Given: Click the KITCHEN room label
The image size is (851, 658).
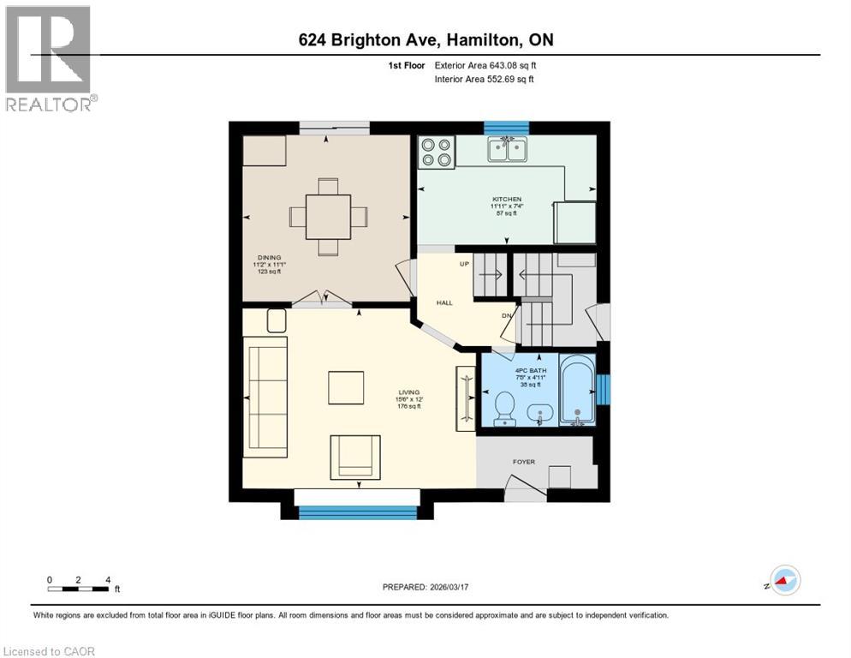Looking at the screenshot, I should [x=505, y=200].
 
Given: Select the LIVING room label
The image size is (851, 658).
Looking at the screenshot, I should [x=408, y=392].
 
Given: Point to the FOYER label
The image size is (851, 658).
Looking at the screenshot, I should [x=523, y=462].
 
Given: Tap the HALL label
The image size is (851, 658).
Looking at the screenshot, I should [x=443, y=302].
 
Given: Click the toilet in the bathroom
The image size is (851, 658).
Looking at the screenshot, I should [x=504, y=408].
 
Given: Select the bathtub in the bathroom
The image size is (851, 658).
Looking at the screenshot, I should [x=576, y=390].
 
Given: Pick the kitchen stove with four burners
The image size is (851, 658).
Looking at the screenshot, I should [x=436, y=152].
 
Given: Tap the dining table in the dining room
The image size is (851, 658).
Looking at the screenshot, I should [x=328, y=217].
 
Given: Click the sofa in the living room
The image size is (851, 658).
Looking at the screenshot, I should [x=266, y=392].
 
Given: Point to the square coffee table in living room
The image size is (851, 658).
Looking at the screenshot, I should [x=346, y=387].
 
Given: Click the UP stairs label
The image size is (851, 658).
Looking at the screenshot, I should [x=465, y=263].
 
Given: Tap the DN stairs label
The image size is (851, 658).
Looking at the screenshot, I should [x=507, y=314].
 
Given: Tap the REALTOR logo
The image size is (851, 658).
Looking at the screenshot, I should [x=50, y=58].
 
